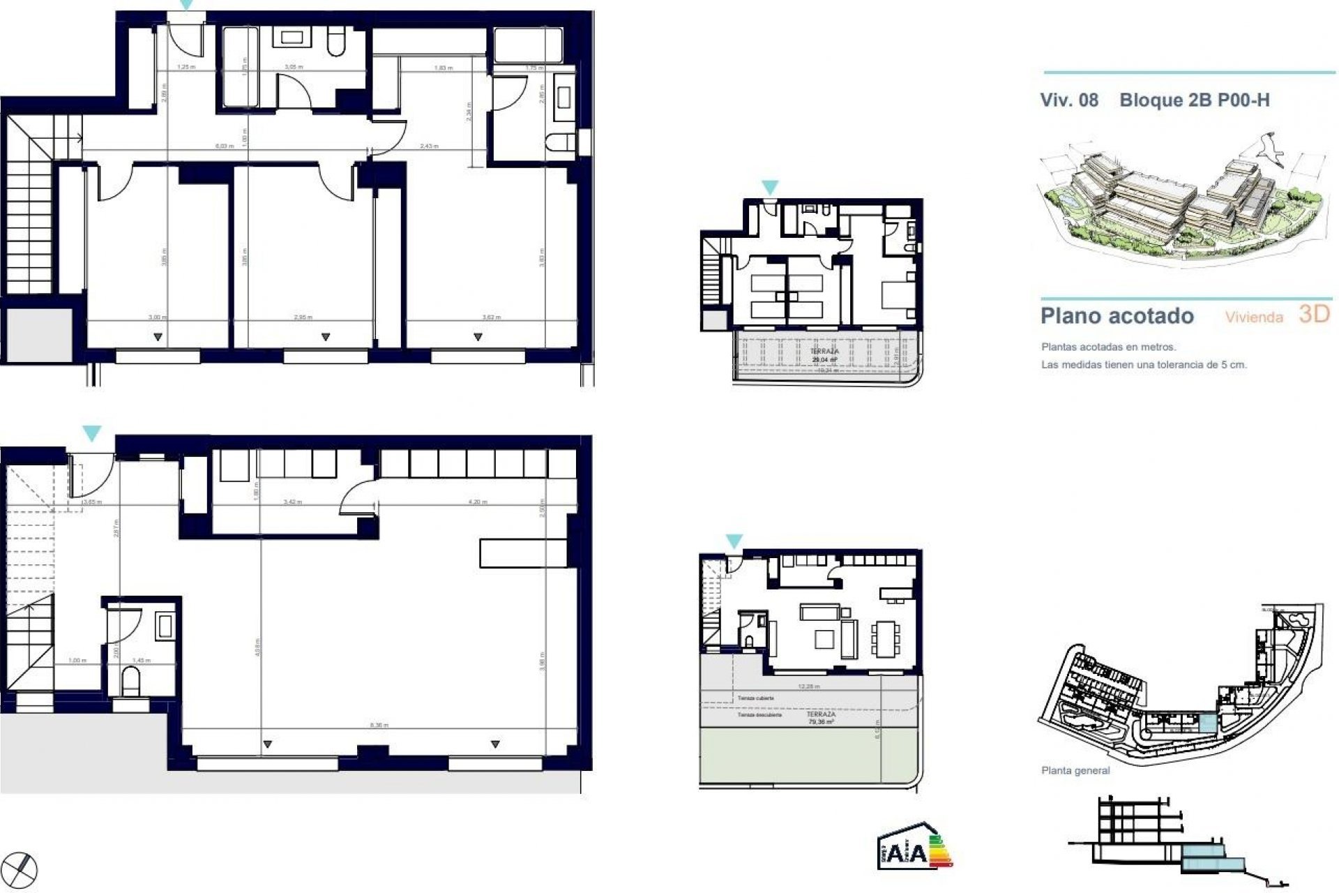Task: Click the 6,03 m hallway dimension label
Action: [223, 146]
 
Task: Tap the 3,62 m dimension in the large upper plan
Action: [492, 317]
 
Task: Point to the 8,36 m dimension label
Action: [379, 726]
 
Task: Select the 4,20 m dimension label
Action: [478, 502]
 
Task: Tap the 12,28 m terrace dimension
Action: [808, 686]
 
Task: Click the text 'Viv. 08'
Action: [1069, 100]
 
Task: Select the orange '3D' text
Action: [1314, 315]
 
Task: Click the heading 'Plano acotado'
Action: [1117, 316]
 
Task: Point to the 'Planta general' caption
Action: [1075, 771]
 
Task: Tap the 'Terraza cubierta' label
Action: [756, 698]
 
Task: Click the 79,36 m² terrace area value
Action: [821, 723]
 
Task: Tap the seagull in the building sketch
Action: [1267, 149]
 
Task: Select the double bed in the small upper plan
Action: [897, 293]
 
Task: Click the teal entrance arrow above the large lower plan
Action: [91, 433]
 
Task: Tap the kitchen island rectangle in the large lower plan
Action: [523, 553]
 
